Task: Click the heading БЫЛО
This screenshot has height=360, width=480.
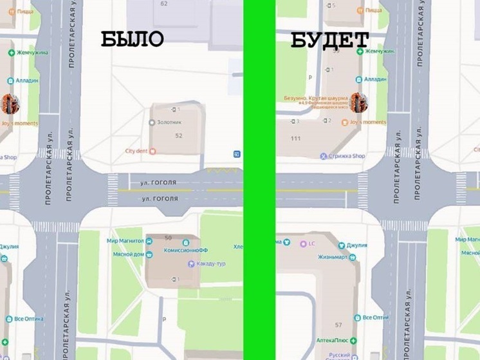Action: pos(132,39)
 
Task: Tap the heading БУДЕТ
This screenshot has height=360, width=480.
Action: pos(329,39)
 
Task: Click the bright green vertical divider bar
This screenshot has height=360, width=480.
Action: pos(259,180)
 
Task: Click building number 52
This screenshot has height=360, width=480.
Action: pos(179,135)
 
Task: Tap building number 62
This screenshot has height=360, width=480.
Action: pos(164,4)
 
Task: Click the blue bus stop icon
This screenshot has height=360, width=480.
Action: pos(237,154)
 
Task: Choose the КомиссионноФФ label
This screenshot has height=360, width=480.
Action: pos(183,250)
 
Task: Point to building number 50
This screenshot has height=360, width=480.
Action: pos(169,238)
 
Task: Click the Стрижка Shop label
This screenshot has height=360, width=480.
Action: pos(347,156)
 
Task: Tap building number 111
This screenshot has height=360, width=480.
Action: pos(296,138)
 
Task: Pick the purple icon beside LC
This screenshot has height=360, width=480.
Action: pos(303,243)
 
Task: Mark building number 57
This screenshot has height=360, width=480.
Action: pos(338,325)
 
